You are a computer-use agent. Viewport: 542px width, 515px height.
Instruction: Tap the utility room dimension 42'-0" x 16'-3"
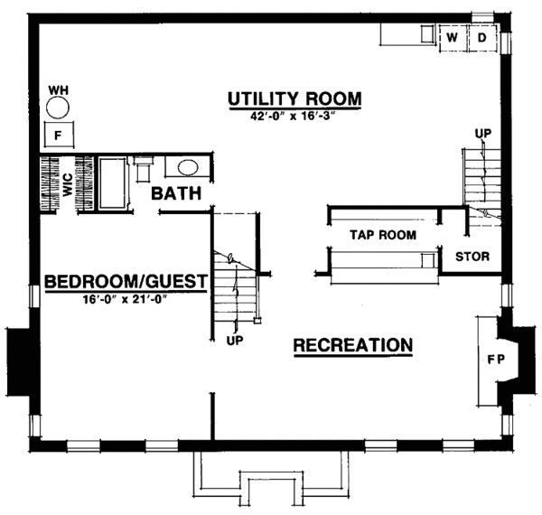point(294,116)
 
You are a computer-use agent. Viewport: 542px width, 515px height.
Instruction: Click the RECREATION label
point(353,345)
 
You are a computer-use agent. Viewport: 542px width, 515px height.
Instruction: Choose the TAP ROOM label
point(382,236)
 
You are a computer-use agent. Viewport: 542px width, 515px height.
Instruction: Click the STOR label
point(472,257)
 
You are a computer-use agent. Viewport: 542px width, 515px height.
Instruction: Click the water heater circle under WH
point(59,109)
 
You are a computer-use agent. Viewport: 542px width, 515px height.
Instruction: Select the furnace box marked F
point(59,136)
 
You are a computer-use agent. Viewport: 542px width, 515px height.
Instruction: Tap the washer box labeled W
point(452,38)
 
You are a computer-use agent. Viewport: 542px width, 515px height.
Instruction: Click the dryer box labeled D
point(481,38)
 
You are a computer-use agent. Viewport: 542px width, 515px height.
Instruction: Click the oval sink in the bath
point(187,167)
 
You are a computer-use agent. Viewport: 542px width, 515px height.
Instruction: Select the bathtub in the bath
point(112,184)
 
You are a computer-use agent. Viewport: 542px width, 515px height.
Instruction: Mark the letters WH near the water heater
point(59,89)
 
